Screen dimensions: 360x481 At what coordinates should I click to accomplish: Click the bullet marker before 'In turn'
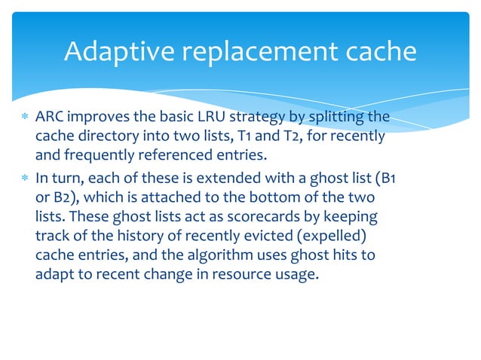(25, 177)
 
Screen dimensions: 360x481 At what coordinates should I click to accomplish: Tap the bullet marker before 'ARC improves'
(25, 118)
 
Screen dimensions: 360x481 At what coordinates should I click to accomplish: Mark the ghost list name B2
(62, 196)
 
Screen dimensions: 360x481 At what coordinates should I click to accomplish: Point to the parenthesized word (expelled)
(327, 235)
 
